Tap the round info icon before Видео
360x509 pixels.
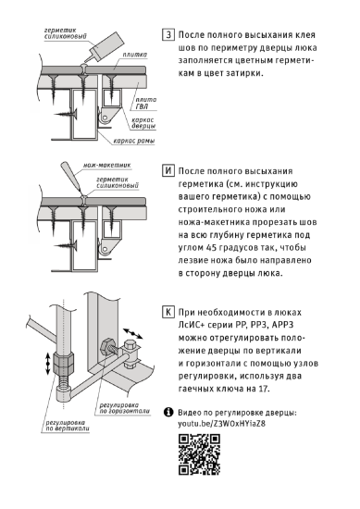[x=168, y=411]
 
